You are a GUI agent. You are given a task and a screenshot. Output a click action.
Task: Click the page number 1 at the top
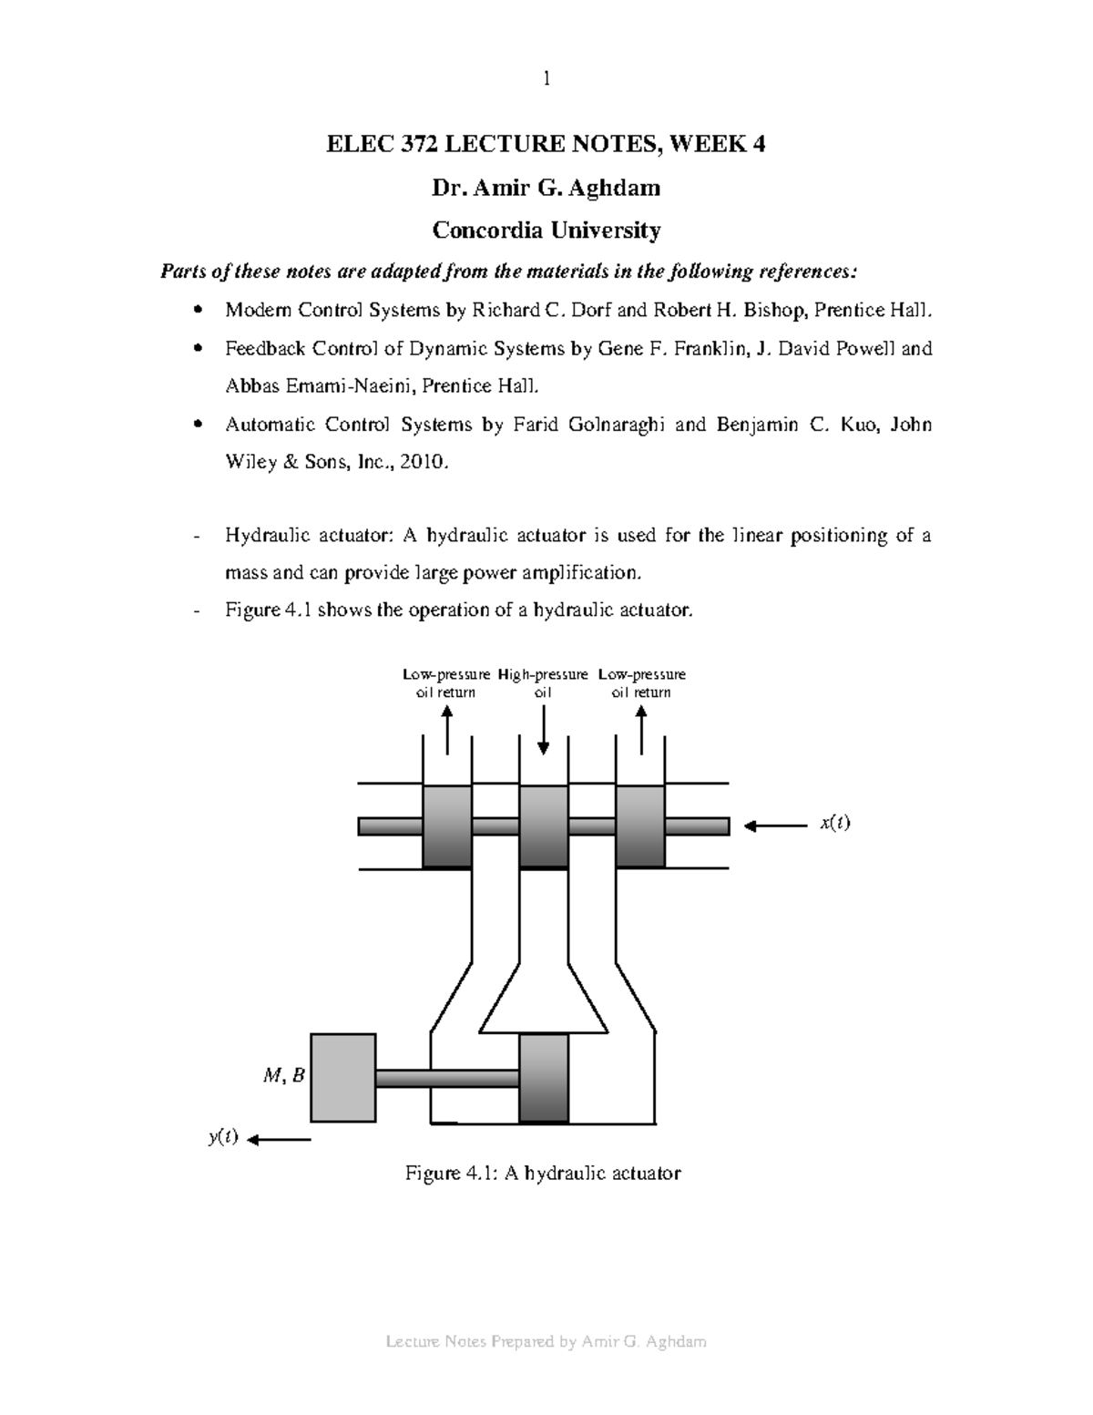[546, 78]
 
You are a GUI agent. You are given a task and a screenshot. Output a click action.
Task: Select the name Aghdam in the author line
[620, 188]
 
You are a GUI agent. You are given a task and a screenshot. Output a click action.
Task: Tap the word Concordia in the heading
[489, 231]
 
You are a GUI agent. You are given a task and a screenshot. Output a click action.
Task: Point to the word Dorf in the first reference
[592, 311]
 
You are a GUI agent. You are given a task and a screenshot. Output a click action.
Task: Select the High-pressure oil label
[543, 683]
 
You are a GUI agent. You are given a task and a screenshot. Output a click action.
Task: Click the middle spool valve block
[544, 825]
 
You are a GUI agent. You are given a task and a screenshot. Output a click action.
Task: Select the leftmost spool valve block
[447, 825]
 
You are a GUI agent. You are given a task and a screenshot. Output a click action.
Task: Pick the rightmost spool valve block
[640, 825]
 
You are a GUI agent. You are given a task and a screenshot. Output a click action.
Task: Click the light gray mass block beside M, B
[343, 1077]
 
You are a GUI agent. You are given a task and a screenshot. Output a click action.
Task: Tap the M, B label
[283, 1076]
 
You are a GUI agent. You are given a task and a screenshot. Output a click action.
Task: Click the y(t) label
[223, 1137]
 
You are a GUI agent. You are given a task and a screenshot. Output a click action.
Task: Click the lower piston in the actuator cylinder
[544, 1078]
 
